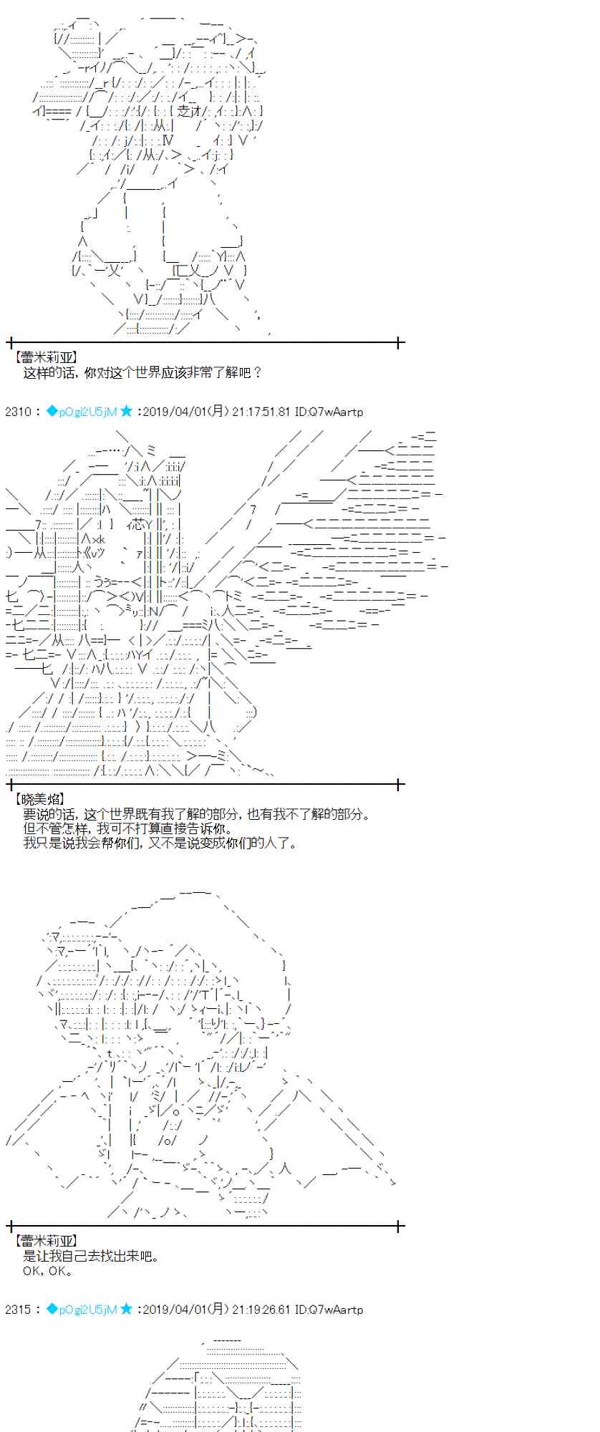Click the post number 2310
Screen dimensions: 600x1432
(18, 412)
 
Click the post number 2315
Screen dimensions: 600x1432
(18, 1310)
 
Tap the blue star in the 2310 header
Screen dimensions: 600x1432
(126, 411)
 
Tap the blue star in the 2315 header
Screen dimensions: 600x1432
(126, 1309)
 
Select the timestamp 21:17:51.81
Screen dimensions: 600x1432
(261, 412)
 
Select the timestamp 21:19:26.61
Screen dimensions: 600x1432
(261, 1310)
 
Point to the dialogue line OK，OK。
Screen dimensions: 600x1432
(47, 1271)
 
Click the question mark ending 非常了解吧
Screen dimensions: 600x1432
(258, 372)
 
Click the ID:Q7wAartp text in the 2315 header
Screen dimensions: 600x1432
(329, 1310)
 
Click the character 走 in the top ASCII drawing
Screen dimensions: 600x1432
(184, 111)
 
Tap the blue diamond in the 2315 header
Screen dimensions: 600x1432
(52, 1309)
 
